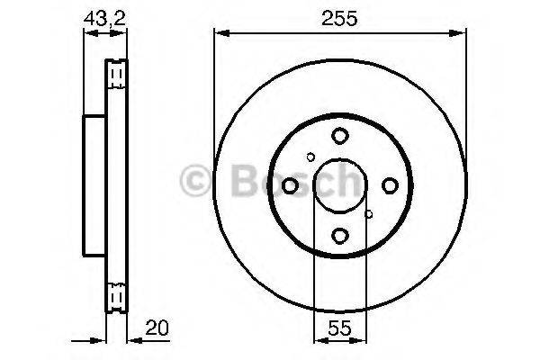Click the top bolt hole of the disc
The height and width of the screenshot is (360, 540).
coord(339,136)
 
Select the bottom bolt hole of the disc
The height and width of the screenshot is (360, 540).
coord(339,236)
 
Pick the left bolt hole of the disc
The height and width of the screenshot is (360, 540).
coord(290,185)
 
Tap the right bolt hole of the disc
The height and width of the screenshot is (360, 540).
coord(389,185)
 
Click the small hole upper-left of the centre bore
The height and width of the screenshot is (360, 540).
coord(311,157)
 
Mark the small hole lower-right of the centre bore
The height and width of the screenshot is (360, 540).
coord(368,214)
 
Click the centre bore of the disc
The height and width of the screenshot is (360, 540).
coord(339,185)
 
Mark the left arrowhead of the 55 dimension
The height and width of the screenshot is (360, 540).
coord(318,341)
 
